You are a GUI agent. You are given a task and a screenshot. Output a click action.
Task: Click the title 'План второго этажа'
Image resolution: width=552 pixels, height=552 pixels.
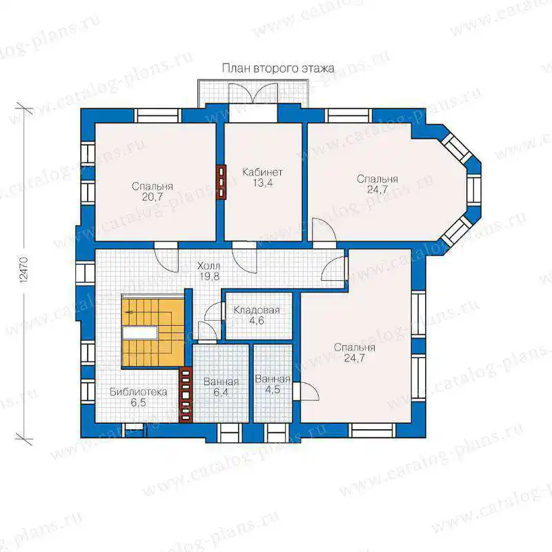click(278, 68)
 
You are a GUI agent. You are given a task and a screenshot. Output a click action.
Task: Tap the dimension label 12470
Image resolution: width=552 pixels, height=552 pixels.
click(23, 269)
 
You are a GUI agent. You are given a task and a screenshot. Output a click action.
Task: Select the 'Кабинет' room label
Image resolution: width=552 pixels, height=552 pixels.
click(263, 172)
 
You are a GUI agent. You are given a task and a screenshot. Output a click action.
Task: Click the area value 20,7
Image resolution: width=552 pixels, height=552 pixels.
click(152, 197)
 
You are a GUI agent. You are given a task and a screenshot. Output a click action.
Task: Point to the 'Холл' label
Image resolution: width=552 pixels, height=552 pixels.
click(209, 266)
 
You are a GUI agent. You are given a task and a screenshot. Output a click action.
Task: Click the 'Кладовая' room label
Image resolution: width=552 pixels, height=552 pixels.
click(257, 310)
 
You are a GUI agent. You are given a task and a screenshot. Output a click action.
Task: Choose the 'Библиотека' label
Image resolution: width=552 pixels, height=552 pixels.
click(139, 392)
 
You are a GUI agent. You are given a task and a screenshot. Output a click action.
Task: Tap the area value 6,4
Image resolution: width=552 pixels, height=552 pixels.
click(221, 392)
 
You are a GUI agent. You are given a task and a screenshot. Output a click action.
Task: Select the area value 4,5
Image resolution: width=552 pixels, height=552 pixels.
click(273, 390)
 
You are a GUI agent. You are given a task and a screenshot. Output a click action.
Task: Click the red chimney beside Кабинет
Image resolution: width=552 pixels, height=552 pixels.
click(221, 183)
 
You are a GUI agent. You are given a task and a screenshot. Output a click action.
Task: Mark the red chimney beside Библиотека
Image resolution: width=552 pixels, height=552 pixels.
click(186, 395)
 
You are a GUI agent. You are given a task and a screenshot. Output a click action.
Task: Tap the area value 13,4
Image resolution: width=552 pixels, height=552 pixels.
click(263, 183)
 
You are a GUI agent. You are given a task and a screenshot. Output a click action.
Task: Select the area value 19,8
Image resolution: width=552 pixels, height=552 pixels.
click(210, 277)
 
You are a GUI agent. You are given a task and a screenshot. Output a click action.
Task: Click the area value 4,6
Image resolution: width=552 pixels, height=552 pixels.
click(256, 321)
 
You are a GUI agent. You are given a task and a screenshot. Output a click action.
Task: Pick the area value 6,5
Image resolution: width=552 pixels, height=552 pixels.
click(139, 402)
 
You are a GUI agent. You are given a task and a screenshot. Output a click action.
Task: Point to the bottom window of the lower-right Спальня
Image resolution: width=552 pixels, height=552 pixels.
click(372, 430)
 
